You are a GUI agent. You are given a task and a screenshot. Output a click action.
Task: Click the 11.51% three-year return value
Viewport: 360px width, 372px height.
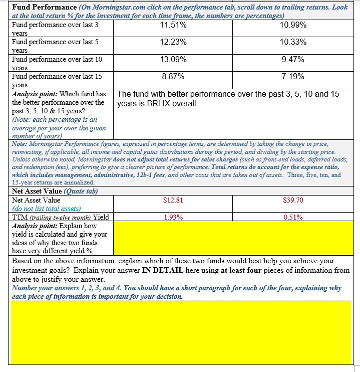(x=173, y=25)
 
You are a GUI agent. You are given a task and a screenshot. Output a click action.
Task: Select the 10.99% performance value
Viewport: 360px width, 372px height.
(x=293, y=25)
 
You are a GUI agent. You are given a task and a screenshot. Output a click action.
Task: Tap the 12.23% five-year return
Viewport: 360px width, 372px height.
(x=173, y=42)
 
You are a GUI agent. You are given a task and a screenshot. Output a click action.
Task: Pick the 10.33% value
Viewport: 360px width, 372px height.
(x=293, y=42)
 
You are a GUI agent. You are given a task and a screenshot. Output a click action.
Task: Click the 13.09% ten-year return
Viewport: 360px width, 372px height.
(x=173, y=59)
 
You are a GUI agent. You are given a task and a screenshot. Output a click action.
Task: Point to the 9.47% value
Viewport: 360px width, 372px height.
(x=293, y=59)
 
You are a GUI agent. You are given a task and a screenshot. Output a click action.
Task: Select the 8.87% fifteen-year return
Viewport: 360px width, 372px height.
(x=173, y=77)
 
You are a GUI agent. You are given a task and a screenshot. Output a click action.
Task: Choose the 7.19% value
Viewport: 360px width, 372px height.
(x=293, y=77)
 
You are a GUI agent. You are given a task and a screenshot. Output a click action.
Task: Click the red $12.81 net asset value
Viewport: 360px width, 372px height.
(x=173, y=200)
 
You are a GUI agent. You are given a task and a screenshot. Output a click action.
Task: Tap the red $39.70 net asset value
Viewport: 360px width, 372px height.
(x=293, y=200)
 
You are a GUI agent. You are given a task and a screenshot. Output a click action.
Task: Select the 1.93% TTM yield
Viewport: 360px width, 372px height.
(x=173, y=217)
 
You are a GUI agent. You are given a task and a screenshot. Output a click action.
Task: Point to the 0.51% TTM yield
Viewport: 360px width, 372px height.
(x=293, y=217)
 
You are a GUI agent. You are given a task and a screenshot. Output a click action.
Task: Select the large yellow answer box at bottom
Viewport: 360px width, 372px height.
(x=181, y=332)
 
